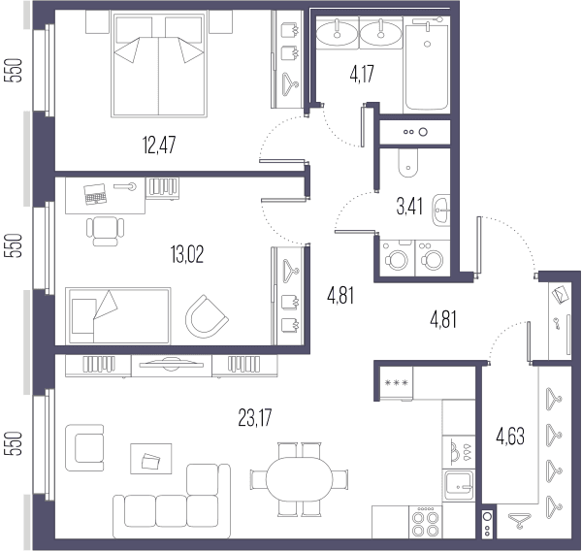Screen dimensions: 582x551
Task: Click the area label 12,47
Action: click(x=159, y=145)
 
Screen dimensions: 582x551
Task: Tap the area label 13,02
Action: click(x=187, y=255)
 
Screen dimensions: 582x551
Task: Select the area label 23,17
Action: click(x=254, y=418)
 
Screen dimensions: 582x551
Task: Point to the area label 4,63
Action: click(x=510, y=437)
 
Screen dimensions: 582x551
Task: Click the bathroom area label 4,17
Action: click(x=362, y=74)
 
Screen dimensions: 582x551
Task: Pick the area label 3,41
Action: click(x=409, y=207)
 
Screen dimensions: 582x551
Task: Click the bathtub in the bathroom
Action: click(x=427, y=65)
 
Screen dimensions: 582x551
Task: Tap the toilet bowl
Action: click(x=408, y=163)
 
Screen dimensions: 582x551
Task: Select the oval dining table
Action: click(x=299, y=479)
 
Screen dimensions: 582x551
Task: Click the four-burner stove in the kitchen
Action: click(x=426, y=522)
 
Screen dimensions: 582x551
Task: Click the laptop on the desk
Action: click(x=95, y=194)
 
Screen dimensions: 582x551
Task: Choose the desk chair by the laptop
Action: click(x=106, y=231)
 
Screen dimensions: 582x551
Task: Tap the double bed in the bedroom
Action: click(x=159, y=65)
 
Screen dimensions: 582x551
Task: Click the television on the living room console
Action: click(x=171, y=364)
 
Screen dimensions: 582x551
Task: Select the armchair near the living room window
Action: click(x=84, y=448)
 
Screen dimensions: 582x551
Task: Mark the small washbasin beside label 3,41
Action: click(x=441, y=211)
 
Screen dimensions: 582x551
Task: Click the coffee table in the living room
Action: click(x=151, y=459)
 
